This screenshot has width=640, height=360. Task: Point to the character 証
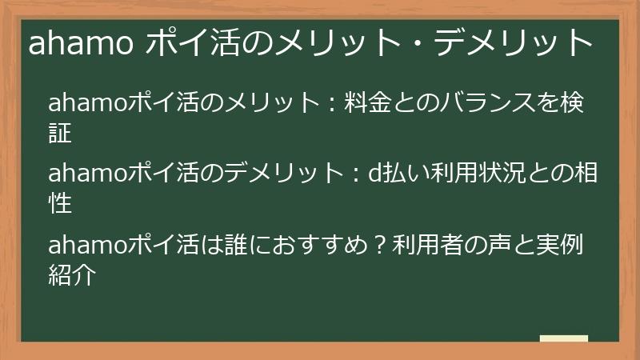tap(61, 133)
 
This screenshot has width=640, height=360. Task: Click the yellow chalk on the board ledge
tap(563, 338)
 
